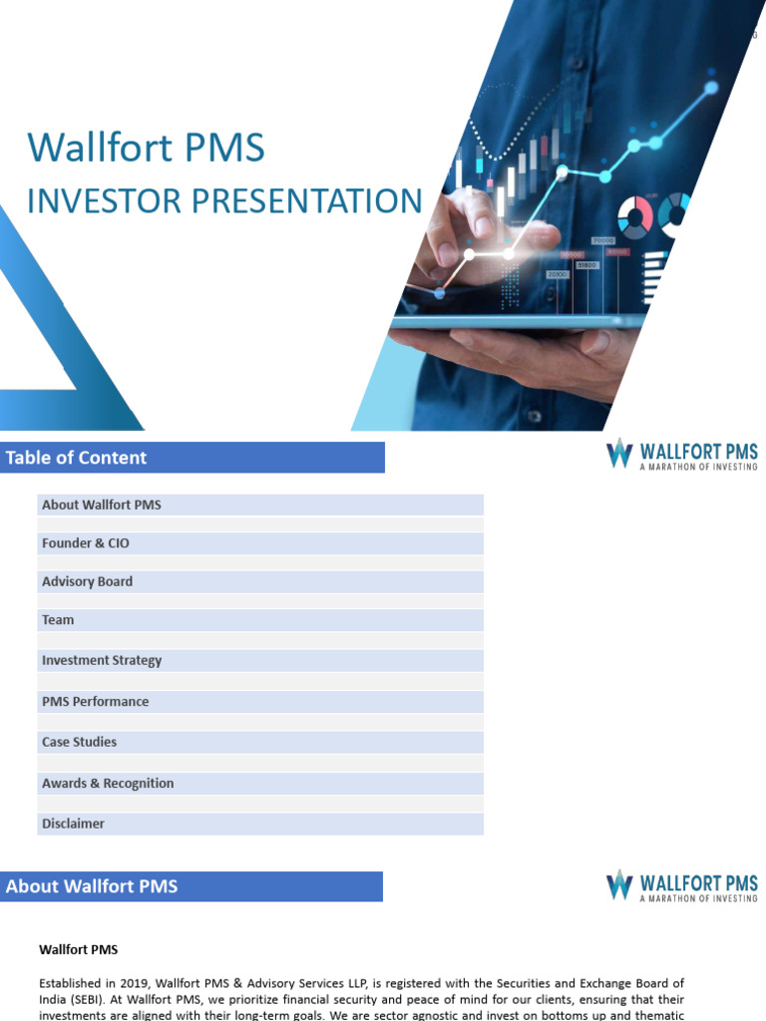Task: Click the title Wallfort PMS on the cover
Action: [146, 148]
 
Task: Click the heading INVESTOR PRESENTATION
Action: [224, 200]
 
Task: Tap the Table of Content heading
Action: [76, 458]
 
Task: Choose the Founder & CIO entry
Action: [86, 543]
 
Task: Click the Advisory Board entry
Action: [88, 581]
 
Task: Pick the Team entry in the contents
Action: [58, 620]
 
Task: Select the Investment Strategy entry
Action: [102, 660]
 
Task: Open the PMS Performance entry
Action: [95, 701]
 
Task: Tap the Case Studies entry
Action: [80, 742]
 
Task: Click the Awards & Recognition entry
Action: [108, 784]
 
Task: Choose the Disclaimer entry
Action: [73, 824]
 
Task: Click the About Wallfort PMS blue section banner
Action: [191, 886]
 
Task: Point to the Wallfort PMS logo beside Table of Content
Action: [682, 454]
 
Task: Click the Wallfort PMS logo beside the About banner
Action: [682, 886]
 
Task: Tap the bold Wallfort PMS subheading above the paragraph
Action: [78, 949]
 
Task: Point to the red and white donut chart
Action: [635, 217]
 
